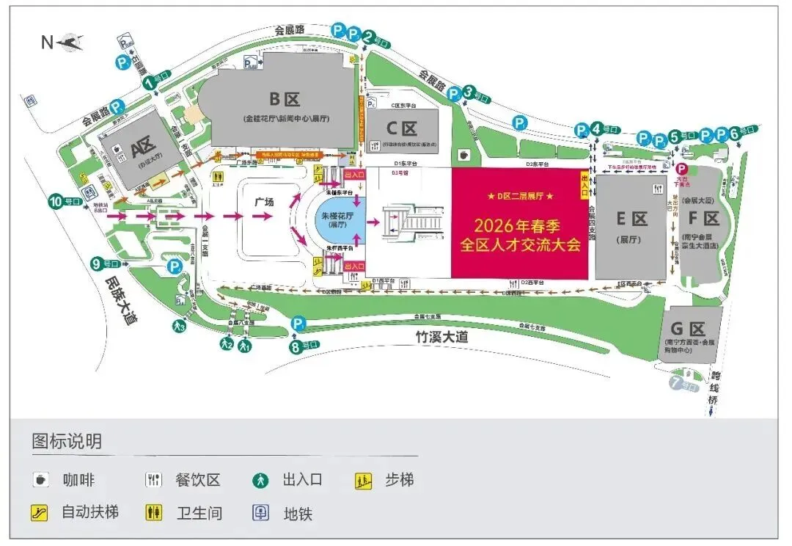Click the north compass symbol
(72, 42)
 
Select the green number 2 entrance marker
(368, 34)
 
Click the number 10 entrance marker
(56, 200)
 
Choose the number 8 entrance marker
(296, 347)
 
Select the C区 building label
(403, 129)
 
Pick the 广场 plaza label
(263, 200)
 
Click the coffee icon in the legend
(40, 480)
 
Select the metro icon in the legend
(260, 512)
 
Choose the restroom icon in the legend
(153, 512)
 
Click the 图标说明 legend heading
(67, 442)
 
